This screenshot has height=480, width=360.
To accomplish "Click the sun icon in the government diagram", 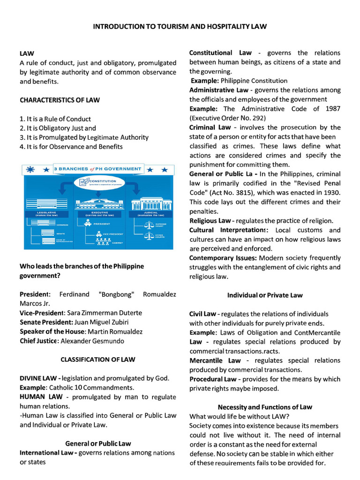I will (x=31, y=169).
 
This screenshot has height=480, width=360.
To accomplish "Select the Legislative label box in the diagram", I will (x=47, y=213).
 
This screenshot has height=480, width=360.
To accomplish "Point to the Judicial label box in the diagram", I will (x=148, y=213).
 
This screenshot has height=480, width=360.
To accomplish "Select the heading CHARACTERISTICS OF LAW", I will (x=60, y=100).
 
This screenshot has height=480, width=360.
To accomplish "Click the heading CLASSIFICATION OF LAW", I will (x=98, y=360).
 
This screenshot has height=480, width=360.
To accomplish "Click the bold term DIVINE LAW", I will (x=39, y=378).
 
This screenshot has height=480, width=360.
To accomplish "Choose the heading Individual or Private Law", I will (x=265, y=295).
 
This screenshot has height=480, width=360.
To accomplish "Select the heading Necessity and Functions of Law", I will (x=265, y=407).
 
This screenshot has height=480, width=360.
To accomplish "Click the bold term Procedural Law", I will (x=213, y=379).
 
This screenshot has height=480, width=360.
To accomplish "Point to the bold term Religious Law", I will (x=210, y=220).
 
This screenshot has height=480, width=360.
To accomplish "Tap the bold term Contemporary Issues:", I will (x=223, y=258).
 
